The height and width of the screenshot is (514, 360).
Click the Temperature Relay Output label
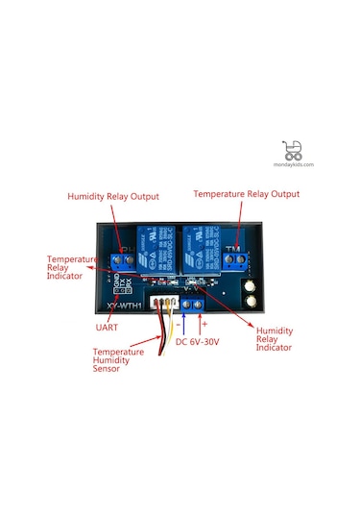[246, 193]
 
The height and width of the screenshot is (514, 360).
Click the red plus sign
[204, 324]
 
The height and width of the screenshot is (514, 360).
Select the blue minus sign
[180, 325]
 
